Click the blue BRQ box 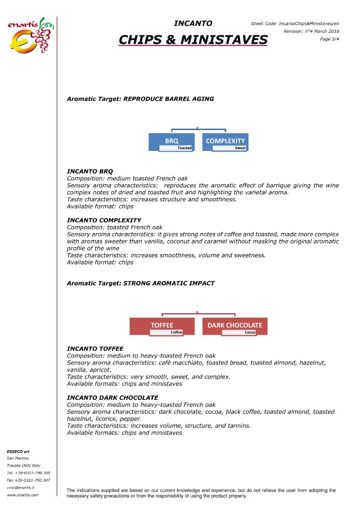point(172,140)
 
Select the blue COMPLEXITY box point(225,140)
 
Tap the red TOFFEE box point(162,325)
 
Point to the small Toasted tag point(184,148)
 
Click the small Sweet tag point(240,148)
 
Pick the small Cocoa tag point(250,332)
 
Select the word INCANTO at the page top point(193,23)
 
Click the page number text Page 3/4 point(330,39)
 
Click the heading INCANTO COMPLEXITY point(104,220)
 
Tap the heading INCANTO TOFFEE point(95,348)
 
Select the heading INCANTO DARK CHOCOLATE point(113,397)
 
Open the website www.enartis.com point(22,495)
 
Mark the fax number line point(28,480)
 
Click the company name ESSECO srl point(18,451)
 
